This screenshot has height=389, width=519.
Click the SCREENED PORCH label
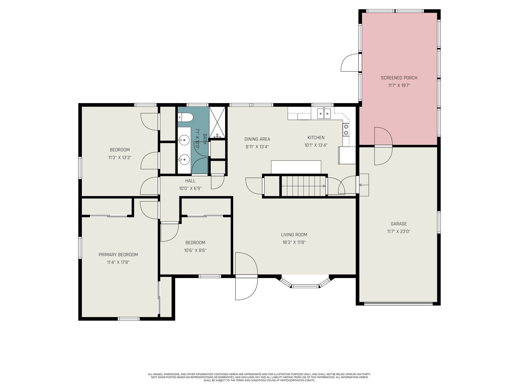[399, 78]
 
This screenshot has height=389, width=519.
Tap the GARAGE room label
[399, 224]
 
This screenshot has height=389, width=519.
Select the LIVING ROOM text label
[294, 234]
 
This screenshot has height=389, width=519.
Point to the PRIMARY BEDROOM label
[118, 254]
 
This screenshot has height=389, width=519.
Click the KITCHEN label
[316, 137]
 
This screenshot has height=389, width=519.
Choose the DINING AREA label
[257, 139]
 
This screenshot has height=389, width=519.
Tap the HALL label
[190, 181]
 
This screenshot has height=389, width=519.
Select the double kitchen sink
[324, 113]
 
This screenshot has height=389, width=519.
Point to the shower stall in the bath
[218, 122]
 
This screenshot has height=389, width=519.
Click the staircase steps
[303, 186]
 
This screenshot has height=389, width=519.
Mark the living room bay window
[305, 282]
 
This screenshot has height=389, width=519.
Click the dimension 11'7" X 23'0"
[399, 231]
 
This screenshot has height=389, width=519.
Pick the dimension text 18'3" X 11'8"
[294, 242]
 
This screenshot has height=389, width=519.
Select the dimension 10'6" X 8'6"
[195, 250]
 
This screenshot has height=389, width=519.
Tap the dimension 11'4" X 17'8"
[118, 262]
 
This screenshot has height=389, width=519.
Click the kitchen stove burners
[346, 130]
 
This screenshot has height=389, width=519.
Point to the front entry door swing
[246, 276]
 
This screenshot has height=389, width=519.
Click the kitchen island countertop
[296, 167]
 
